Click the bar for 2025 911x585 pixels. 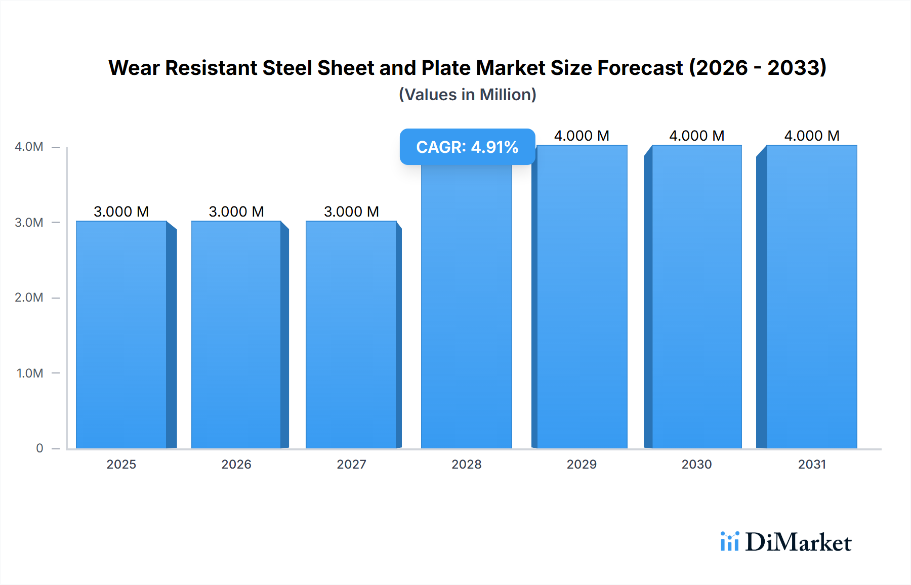[x=121, y=334]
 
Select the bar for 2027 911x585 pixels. [x=351, y=334]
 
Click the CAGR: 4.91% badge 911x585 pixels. [x=467, y=147]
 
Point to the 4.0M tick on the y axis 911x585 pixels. [x=29, y=147]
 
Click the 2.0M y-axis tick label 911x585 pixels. [x=29, y=298]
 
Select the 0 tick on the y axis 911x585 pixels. [x=39, y=448]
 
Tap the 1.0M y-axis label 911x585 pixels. [x=30, y=373]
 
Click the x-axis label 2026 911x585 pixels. [x=236, y=465]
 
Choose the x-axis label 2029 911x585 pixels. [x=582, y=465]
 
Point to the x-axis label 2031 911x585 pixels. [x=812, y=465]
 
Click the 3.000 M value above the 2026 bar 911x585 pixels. [x=236, y=212]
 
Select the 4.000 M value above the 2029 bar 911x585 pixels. [x=582, y=136]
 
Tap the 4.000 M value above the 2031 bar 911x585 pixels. [x=812, y=136]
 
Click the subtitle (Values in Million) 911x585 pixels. [x=467, y=95]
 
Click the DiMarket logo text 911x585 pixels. [x=798, y=542]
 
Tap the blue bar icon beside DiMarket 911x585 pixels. [x=729, y=541]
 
